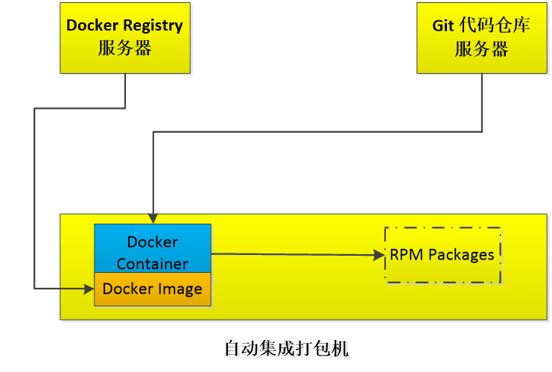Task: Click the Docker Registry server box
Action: click(x=124, y=37)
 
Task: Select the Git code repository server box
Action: click(x=481, y=37)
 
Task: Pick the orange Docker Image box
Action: click(x=153, y=289)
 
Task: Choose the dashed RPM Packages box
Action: click(x=442, y=255)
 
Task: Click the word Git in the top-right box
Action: click(x=444, y=25)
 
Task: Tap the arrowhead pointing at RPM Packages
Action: click(x=379, y=256)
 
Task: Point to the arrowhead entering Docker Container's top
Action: click(x=153, y=218)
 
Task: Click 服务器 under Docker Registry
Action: click(x=124, y=48)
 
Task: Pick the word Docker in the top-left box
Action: click(x=91, y=25)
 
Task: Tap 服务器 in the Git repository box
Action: click(x=481, y=49)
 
